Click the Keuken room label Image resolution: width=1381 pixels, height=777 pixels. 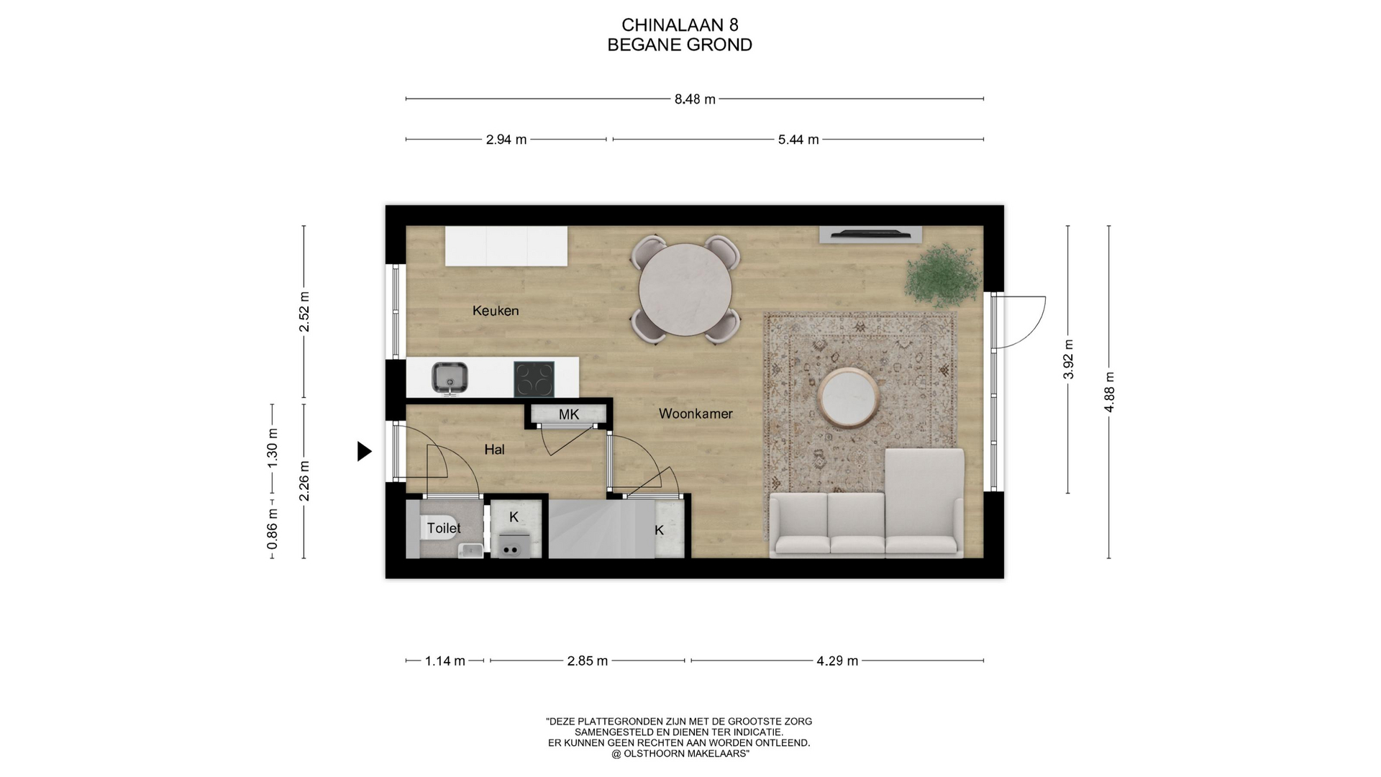pyautogui.click(x=496, y=311)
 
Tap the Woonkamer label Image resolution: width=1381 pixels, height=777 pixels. pyautogui.click(x=696, y=414)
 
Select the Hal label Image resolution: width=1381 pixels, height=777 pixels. pyautogui.click(x=494, y=450)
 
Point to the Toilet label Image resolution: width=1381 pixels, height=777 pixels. pyautogui.click(x=444, y=528)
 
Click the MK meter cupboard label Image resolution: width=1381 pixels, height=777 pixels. pyautogui.click(x=569, y=414)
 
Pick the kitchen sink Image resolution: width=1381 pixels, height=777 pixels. pyautogui.click(x=450, y=378)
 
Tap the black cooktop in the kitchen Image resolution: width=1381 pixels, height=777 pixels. pyautogui.click(x=534, y=379)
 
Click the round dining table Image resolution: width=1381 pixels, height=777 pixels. pyautogui.click(x=685, y=290)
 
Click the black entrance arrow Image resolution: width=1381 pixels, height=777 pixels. pyautogui.click(x=365, y=451)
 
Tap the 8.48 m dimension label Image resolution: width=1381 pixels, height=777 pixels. pyautogui.click(x=695, y=99)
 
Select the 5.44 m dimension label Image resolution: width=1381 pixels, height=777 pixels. pyautogui.click(x=798, y=140)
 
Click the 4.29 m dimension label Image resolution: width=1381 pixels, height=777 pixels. pyautogui.click(x=837, y=661)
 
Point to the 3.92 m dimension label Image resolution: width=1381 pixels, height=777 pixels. pyautogui.click(x=1068, y=359)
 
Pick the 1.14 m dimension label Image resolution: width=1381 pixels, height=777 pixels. pyautogui.click(x=445, y=661)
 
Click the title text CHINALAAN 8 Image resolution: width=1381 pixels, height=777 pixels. pyautogui.click(x=680, y=25)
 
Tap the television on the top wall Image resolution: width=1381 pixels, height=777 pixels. pyautogui.click(x=870, y=234)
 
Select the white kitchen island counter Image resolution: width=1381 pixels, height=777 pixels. pyautogui.click(x=506, y=246)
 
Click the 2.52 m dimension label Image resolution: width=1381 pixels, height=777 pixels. pyautogui.click(x=304, y=312)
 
